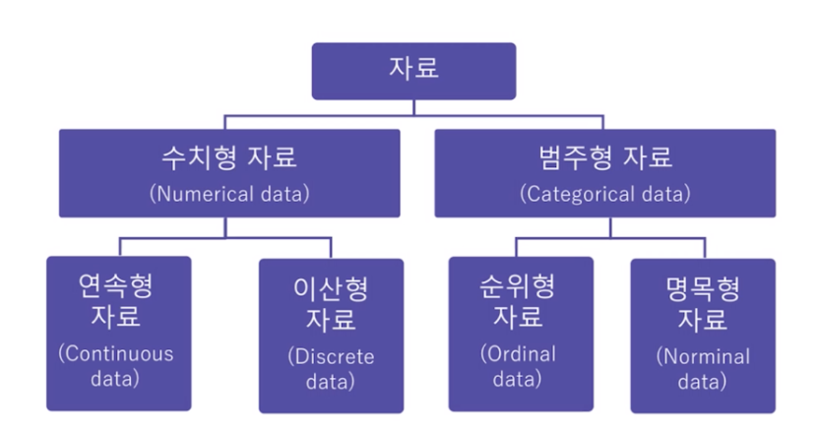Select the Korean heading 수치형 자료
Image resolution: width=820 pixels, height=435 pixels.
pyautogui.click(x=229, y=157)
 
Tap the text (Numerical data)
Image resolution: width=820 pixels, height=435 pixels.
pyautogui.click(x=229, y=193)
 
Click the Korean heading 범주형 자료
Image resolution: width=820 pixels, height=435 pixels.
pyautogui.click(x=605, y=157)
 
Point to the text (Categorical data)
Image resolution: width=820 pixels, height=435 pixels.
pyautogui.click(x=605, y=193)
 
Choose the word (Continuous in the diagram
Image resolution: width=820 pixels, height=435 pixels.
pyautogui.click(x=116, y=353)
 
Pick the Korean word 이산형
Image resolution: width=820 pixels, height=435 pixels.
pyautogui.click(x=331, y=288)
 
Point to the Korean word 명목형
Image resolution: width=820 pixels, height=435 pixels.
pyautogui.click(x=702, y=288)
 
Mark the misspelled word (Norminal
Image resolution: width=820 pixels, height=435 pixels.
pyautogui.click(x=702, y=356)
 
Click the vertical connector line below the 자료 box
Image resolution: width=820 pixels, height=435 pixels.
pyautogui.click(x=413, y=105)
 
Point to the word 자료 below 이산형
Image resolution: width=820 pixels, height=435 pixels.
pyautogui.click(x=331, y=320)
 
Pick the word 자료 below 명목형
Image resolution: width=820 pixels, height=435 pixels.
pyautogui.click(x=702, y=320)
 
